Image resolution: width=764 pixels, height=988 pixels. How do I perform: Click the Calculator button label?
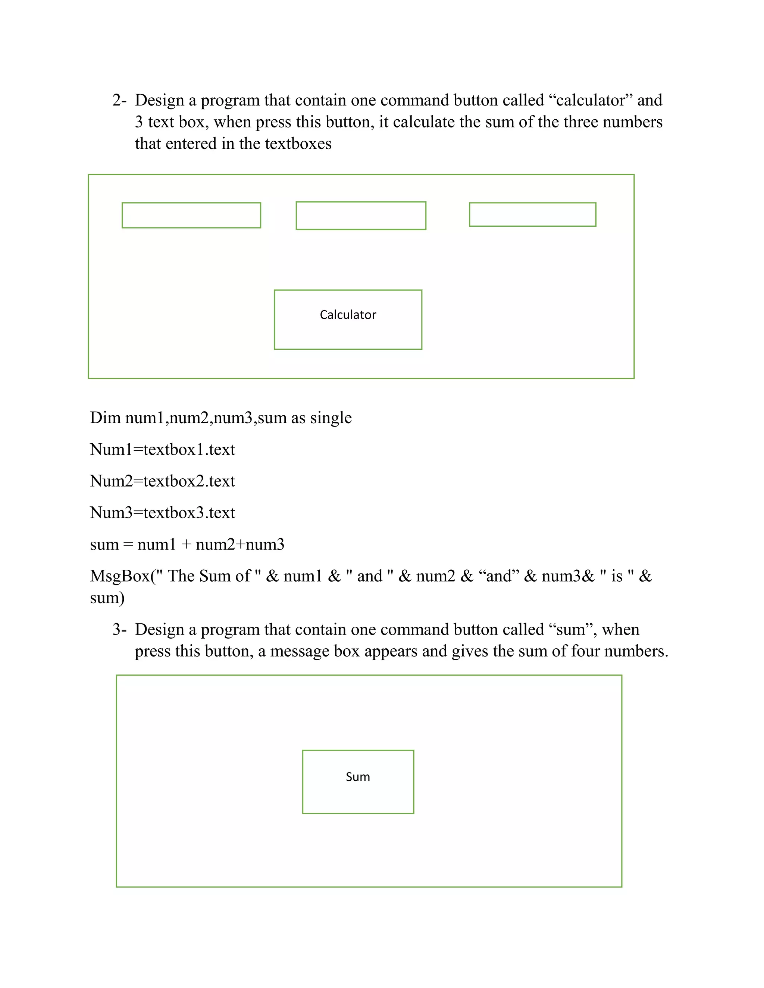coord(348,315)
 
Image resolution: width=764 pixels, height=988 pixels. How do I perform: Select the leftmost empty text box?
coord(191,215)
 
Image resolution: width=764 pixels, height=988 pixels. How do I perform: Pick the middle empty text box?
coord(361,216)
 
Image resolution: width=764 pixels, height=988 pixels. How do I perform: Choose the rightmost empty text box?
coord(532,214)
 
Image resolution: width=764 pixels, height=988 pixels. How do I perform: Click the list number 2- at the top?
coord(119,100)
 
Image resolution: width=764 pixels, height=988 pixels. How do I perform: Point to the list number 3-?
coord(119,630)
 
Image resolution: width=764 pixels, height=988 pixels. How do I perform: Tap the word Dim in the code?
coord(104,418)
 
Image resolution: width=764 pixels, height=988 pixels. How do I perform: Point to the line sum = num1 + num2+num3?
coord(187,545)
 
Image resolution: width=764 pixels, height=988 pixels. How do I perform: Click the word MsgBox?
coord(120,576)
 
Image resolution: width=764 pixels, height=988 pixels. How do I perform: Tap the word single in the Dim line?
coord(331,418)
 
